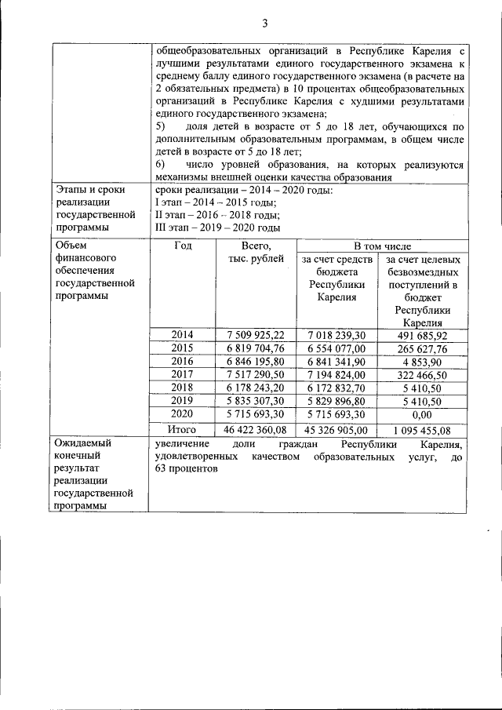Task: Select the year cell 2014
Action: (x=182, y=334)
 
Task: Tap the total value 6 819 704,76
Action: (x=256, y=348)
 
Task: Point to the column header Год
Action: (x=182, y=246)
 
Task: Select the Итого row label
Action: (x=182, y=429)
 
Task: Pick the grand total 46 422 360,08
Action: (x=256, y=429)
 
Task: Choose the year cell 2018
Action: (x=182, y=388)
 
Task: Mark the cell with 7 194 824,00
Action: (x=337, y=374)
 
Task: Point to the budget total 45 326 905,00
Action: (x=337, y=429)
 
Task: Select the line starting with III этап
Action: (x=218, y=228)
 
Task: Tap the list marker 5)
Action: (x=162, y=126)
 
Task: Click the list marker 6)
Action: (x=162, y=165)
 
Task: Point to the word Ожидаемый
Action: (x=81, y=443)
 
